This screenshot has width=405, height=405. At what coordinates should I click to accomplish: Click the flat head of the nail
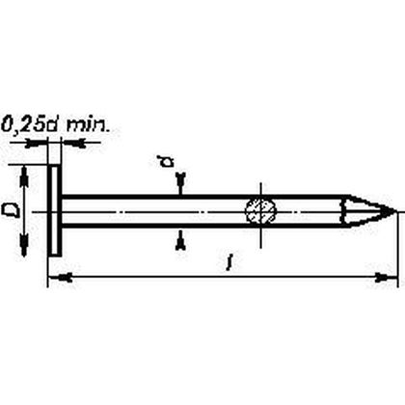click(x=54, y=210)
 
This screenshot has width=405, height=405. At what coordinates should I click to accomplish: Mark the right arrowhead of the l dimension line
click(x=390, y=279)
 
